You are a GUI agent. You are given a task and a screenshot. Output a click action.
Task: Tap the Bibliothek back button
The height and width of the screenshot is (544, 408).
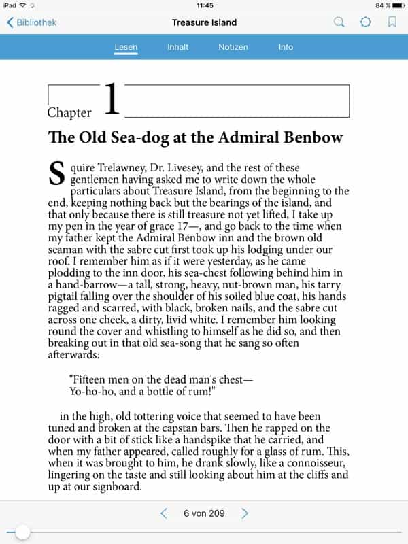(31, 22)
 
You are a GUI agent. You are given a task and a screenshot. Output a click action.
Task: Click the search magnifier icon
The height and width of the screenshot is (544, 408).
(339, 22)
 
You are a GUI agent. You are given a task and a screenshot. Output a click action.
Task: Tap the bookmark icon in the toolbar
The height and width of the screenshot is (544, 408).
(392, 22)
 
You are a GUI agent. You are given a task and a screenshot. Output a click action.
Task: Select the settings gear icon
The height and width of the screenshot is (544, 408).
(366, 22)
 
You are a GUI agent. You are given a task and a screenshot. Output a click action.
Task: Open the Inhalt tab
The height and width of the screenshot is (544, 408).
(178, 47)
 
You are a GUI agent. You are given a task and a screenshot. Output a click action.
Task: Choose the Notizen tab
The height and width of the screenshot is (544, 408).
(233, 47)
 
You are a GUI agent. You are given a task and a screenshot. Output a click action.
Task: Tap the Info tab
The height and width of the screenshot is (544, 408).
(286, 47)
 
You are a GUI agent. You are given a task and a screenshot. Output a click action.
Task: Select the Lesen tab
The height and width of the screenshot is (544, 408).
(126, 47)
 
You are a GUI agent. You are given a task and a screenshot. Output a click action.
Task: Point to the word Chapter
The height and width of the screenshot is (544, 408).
(69, 113)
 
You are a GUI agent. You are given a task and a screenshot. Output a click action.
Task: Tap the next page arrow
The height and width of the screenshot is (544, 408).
(245, 513)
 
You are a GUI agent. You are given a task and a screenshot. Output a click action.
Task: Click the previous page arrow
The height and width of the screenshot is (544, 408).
(163, 513)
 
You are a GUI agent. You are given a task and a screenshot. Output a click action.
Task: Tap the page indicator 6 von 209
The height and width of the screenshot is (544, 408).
(204, 513)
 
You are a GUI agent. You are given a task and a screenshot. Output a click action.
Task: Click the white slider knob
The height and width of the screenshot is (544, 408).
(22, 532)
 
